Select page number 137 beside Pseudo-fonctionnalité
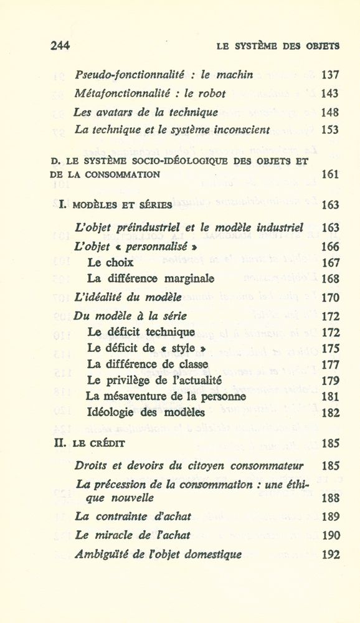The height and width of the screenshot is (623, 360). click(x=329, y=75)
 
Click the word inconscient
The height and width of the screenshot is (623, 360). click(x=240, y=131)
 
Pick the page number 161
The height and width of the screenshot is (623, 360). click(x=330, y=174)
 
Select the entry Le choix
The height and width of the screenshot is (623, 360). click(x=110, y=262)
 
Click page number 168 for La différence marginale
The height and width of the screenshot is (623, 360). click(x=330, y=279)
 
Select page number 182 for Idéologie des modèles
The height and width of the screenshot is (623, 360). click(x=330, y=412)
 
